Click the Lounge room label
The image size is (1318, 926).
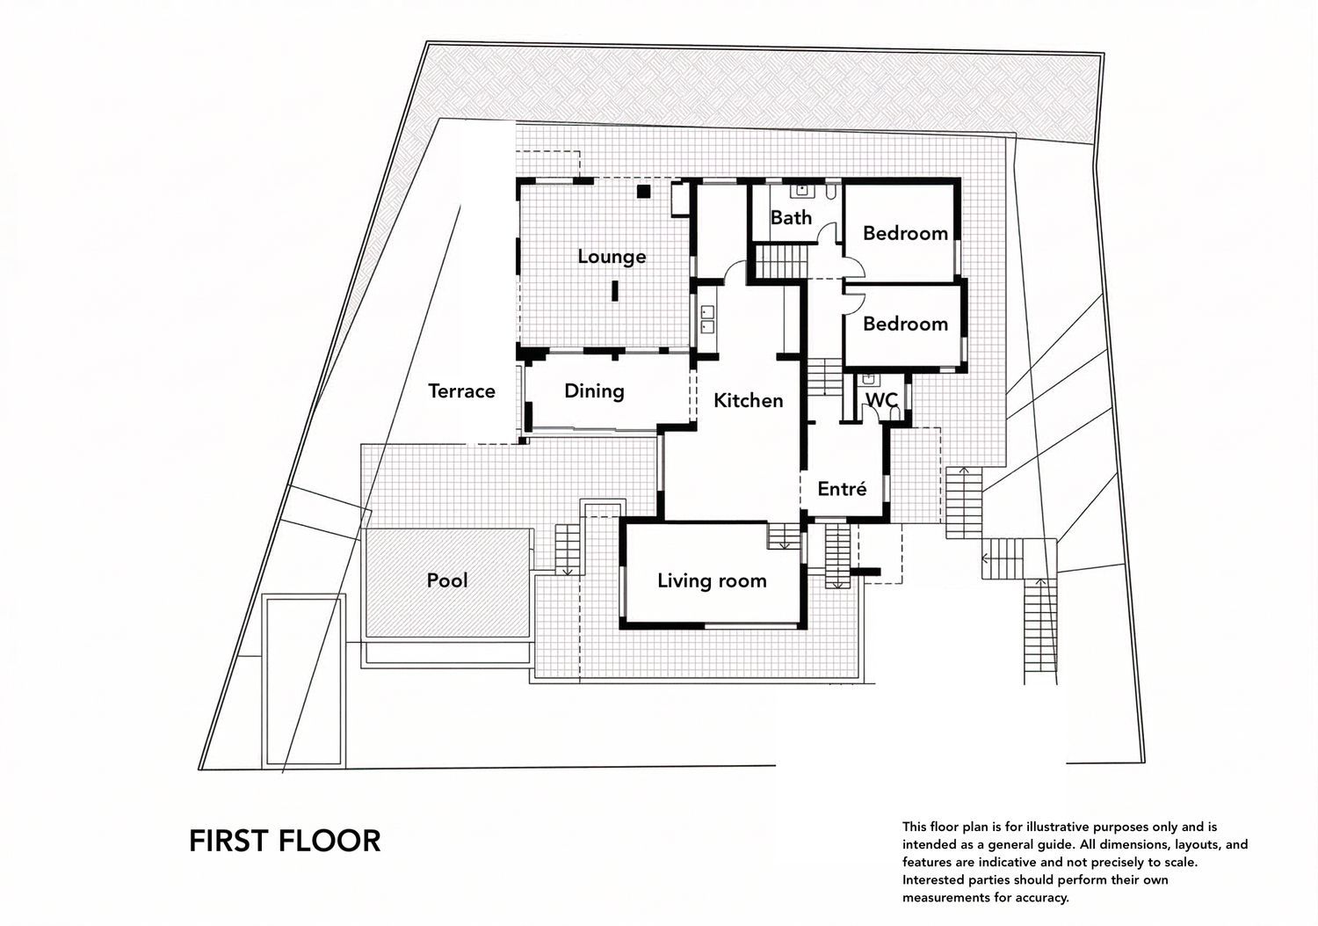(612, 257)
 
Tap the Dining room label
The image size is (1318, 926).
(594, 391)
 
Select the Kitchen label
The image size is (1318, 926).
(748, 401)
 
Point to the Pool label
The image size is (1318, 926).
(447, 580)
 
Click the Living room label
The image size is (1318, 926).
(712, 581)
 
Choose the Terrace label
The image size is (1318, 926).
(461, 391)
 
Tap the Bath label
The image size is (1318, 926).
(791, 218)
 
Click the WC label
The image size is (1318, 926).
(881, 401)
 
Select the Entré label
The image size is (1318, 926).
(842, 489)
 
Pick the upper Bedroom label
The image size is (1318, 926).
(905, 233)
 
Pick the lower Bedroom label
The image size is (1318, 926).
(905, 324)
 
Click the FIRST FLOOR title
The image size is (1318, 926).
(285, 841)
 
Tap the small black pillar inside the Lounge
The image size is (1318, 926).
(614, 290)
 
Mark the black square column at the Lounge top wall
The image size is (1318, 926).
(643, 191)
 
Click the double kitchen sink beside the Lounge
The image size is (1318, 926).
(706, 318)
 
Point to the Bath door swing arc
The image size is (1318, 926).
(826, 234)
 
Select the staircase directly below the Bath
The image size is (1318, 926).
(781, 262)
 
